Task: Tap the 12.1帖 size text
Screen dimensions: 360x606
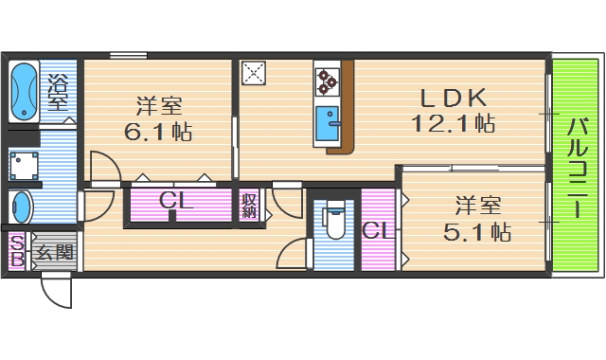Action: (453, 123)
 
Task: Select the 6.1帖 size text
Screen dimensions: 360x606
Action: (158, 132)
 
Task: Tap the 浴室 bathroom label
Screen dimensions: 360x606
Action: (58, 91)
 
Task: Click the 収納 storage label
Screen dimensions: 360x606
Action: (249, 206)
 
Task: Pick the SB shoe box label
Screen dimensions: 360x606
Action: (16, 253)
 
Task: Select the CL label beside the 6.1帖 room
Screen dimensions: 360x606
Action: (177, 202)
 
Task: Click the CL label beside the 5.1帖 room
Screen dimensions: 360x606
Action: (376, 230)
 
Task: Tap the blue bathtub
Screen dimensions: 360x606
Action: (23, 91)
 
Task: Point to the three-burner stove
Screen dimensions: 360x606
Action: (328, 81)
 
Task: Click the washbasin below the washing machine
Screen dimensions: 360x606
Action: (21, 206)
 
